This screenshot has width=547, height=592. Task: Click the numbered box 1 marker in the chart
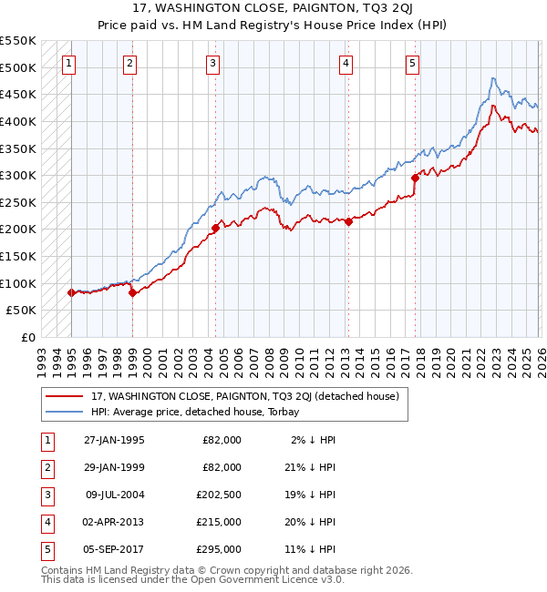(70, 64)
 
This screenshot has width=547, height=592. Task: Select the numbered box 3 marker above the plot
(212, 64)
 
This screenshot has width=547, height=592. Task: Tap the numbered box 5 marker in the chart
(413, 64)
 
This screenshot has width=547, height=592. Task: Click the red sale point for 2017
(415, 179)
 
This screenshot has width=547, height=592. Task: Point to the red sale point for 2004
(216, 228)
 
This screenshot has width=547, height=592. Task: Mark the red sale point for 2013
(348, 221)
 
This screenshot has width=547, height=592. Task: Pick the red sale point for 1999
(132, 292)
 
